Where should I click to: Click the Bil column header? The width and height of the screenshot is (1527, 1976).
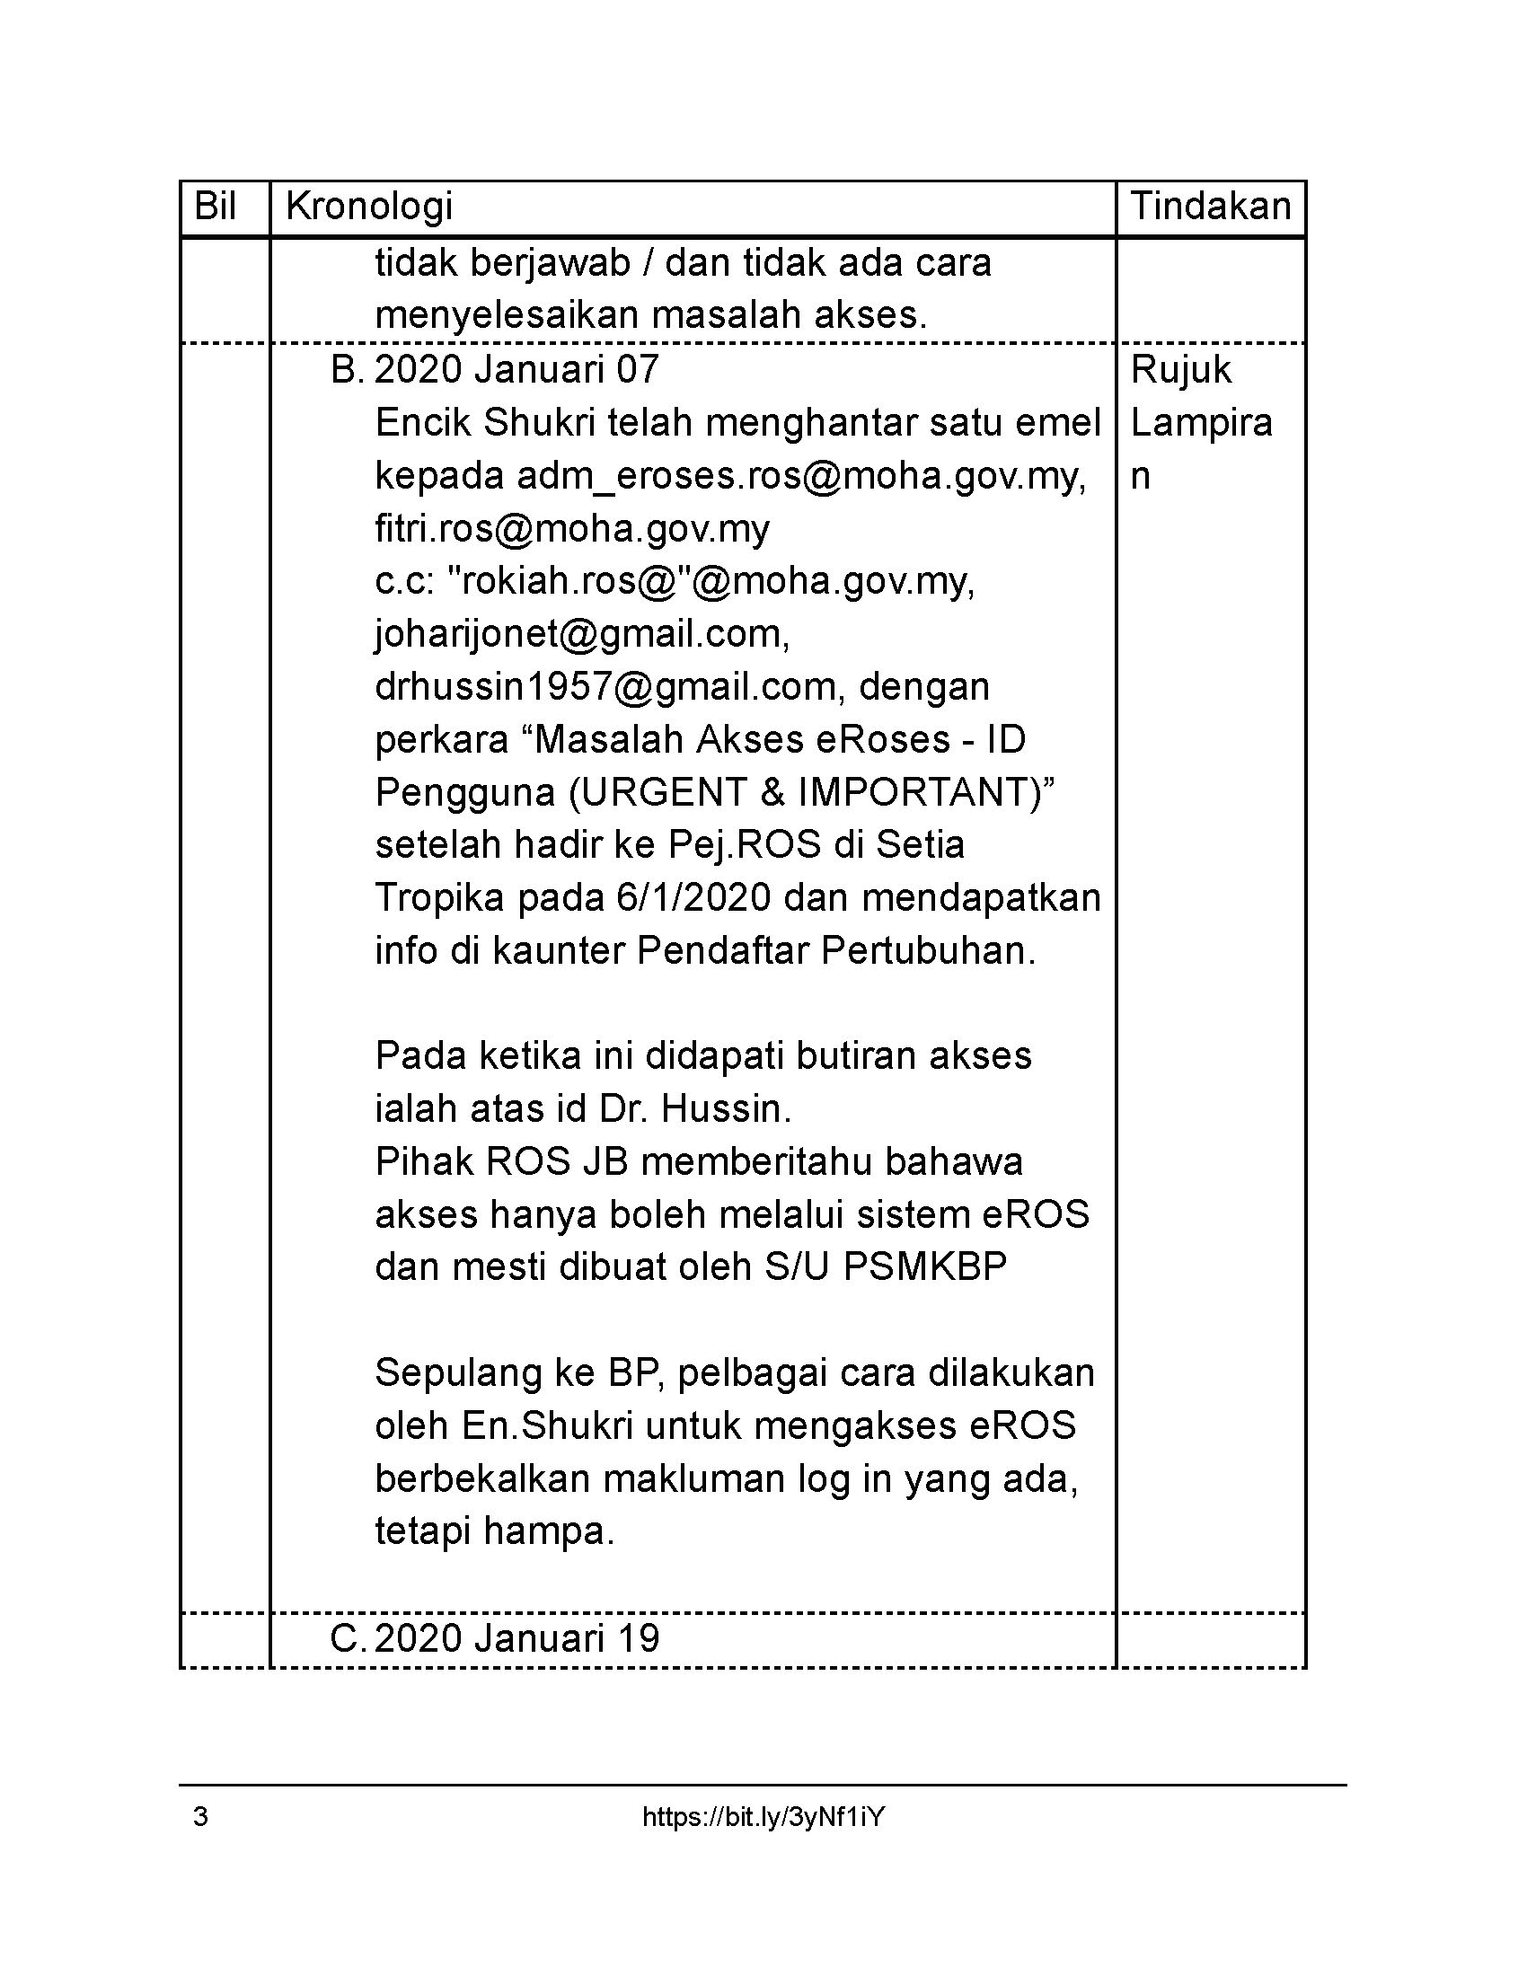[216, 207]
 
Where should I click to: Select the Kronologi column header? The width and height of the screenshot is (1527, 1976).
[369, 207]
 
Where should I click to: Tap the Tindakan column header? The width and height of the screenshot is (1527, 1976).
[1211, 207]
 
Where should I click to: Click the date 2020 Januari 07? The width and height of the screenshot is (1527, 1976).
[516, 370]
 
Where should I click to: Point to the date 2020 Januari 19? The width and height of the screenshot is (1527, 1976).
[516, 1638]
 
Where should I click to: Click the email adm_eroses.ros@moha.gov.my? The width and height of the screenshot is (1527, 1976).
[799, 476]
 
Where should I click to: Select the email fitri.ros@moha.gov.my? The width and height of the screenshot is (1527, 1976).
[571, 528]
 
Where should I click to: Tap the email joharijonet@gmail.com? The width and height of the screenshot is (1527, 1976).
[582, 634]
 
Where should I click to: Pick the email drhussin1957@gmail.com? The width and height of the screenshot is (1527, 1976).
[605, 687]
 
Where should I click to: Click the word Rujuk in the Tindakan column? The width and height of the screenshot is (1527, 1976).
[1180, 370]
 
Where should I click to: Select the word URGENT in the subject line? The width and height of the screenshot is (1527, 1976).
[658, 792]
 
